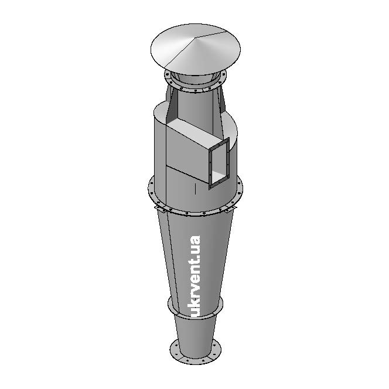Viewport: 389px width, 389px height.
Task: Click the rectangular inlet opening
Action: (219, 163)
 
